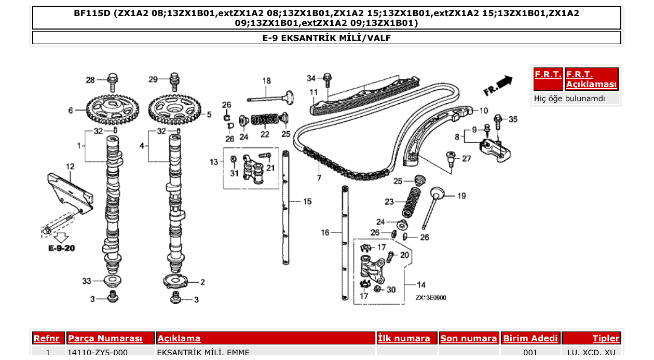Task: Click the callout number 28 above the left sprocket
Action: [90, 79]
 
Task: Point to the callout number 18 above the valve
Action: [266, 80]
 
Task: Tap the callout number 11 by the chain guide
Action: [314, 92]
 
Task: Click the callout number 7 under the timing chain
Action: [319, 177]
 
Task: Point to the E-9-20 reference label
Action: [62, 248]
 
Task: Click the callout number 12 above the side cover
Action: [70, 167]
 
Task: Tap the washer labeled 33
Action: [112, 281]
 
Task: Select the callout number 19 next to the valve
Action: [461, 196]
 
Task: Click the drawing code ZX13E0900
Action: [430, 298]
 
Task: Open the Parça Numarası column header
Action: [105, 338]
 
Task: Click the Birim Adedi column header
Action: [530, 338]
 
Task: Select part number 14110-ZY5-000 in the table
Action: [98, 352]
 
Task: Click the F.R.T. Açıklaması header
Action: [591, 79]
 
